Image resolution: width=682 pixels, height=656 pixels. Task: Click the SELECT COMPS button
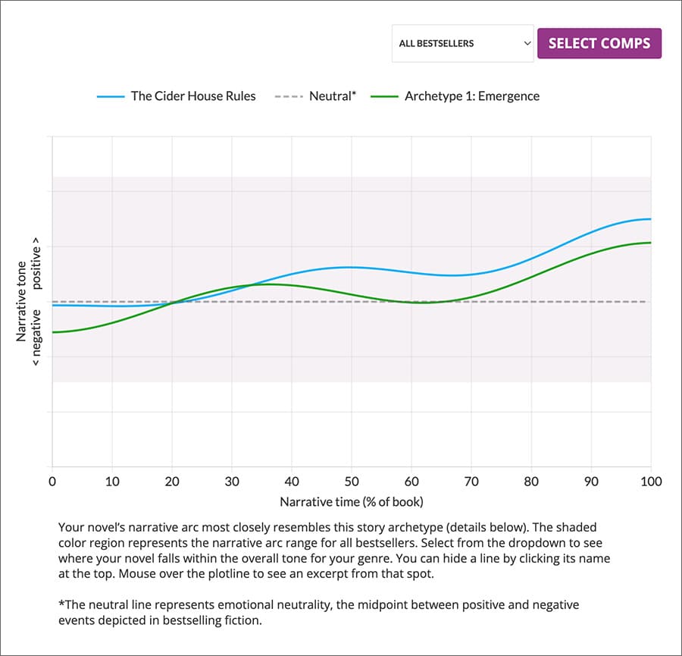pyautogui.click(x=599, y=43)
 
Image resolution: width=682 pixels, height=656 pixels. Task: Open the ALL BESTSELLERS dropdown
pyautogui.click(x=462, y=43)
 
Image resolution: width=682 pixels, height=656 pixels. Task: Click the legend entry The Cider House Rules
pyautogui.click(x=193, y=96)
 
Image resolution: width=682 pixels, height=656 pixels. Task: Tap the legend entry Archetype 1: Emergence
pyautogui.click(x=471, y=96)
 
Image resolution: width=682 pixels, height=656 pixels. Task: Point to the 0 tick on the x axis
pyautogui.click(x=52, y=482)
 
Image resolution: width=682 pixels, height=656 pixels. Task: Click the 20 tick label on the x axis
pyautogui.click(x=172, y=482)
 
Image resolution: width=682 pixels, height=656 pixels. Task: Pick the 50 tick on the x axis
pyautogui.click(x=352, y=482)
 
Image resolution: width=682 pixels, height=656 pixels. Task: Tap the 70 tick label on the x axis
pyautogui.click(x=471, y=482)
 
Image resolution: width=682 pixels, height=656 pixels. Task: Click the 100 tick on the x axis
pyautogui.click(x=651, y=482)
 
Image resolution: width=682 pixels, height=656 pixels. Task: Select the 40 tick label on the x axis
pyautogui.click(x=292, y=482)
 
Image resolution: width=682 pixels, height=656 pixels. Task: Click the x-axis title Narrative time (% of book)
pyautogui.click(x=351, y=501)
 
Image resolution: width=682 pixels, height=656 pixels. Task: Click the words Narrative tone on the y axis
pyautogui.click(x=21, y=301)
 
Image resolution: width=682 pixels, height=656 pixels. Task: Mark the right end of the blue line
pyautogui.click(x=651, y=219)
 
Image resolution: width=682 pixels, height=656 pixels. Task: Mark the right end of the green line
pyautogui.click(x=651, y=243)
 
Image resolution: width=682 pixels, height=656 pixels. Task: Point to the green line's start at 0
pyautogui.click(x=52, y=332)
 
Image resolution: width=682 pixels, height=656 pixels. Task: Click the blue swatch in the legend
pyautogui.click(x=111, y=97)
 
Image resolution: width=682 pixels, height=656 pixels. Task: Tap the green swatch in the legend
pyautogui.click(x=384, y=97)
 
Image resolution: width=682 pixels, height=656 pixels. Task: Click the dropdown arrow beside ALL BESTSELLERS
pyautogui.click(x=527, y=43)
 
